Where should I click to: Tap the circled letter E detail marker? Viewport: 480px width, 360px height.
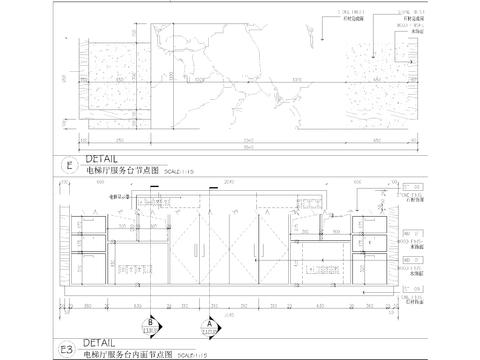pyautogui.click(x=68, y=166)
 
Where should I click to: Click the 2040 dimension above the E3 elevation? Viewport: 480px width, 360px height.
pyautogui.click(x=229, y=184)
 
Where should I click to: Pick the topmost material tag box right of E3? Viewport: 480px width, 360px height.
pyautogui.click(x=410, y=187)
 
